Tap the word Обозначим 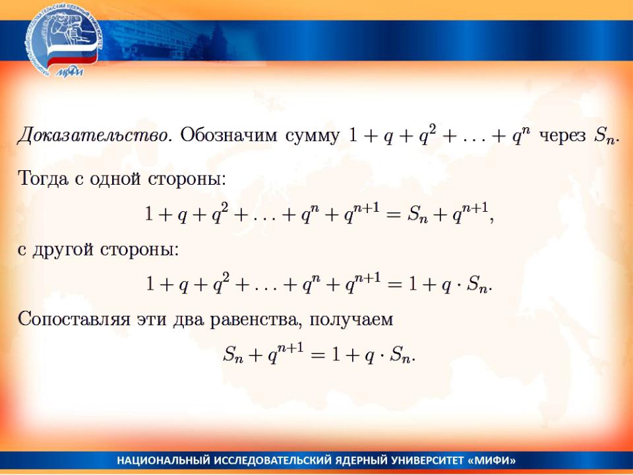[x=229, y=135]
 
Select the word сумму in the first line [x=313, y=137]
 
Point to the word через [x=562, y=137]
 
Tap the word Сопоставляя [x=74, y=319]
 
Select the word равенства [x=255, y=320]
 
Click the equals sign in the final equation [x=318, y=356]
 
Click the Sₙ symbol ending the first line [x=605, y=136]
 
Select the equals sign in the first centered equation [x=394, y=214]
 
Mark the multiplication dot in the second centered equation [x=460, y=284]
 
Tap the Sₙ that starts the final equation [x=233, y=354]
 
